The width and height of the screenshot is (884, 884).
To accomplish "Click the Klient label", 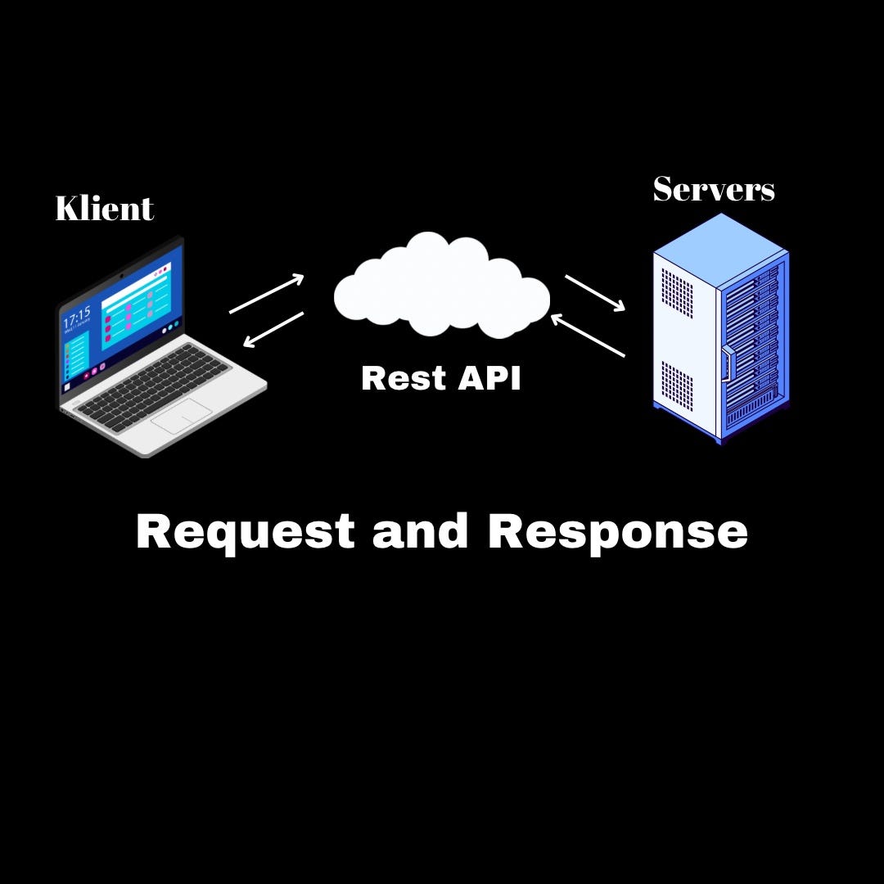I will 104,209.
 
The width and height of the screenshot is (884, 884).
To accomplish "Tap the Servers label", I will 713,189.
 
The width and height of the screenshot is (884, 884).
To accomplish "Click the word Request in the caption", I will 245,532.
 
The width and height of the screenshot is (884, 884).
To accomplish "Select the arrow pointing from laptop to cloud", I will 267,294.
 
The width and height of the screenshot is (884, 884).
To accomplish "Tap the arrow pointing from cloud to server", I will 595,293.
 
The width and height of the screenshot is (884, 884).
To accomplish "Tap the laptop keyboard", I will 156,385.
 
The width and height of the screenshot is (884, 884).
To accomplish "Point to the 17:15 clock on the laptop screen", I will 77,317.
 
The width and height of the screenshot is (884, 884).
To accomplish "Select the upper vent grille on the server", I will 677,293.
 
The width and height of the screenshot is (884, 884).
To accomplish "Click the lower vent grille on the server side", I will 677,386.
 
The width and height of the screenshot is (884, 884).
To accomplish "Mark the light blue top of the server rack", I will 720,250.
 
